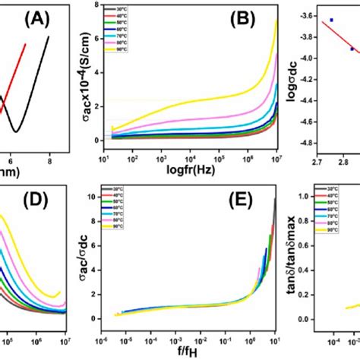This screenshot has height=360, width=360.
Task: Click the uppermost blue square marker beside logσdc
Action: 331,20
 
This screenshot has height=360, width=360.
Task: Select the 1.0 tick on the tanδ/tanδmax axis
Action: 310,196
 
